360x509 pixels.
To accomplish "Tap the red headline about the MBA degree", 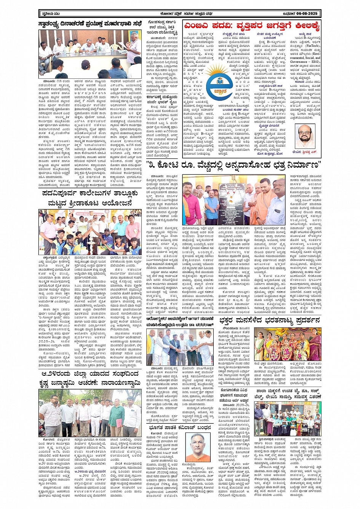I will pyautogui.click(x=252, y=26).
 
